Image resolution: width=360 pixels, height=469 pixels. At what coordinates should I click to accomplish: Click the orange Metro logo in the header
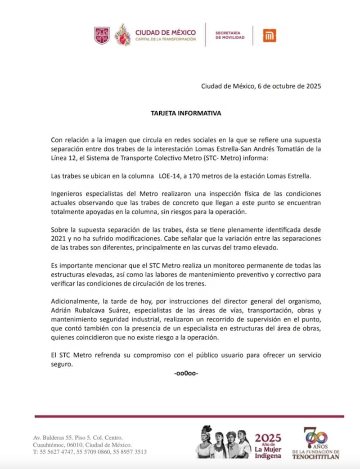pos(270,36)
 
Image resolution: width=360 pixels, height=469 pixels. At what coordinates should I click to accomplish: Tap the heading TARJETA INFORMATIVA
pos(186,113)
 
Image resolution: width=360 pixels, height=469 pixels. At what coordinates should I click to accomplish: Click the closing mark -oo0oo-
pos(186,373)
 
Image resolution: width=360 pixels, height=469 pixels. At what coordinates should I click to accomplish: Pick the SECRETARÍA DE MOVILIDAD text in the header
pos(230,36)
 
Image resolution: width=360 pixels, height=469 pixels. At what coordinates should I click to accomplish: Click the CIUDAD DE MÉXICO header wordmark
pos(166,32)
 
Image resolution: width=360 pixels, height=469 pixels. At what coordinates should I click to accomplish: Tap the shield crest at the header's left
pos(102,36)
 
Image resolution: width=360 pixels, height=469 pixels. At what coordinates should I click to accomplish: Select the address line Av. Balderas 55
pos(53,437)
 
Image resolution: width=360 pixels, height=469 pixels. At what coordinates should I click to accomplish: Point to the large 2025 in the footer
pos(268,438)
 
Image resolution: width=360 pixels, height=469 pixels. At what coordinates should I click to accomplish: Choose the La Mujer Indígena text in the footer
pos(268,452)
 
